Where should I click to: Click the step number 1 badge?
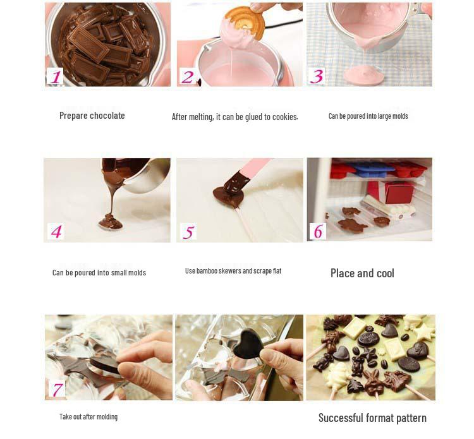56,76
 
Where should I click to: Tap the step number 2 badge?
188,76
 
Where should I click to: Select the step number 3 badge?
317,76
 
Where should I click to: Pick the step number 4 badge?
56,232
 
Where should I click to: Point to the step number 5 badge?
188,232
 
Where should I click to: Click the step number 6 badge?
317,232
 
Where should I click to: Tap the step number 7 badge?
58,389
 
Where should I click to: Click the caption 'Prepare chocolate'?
92,116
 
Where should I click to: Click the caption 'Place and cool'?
362,274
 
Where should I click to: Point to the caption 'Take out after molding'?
88,417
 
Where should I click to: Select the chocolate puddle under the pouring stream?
110,221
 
